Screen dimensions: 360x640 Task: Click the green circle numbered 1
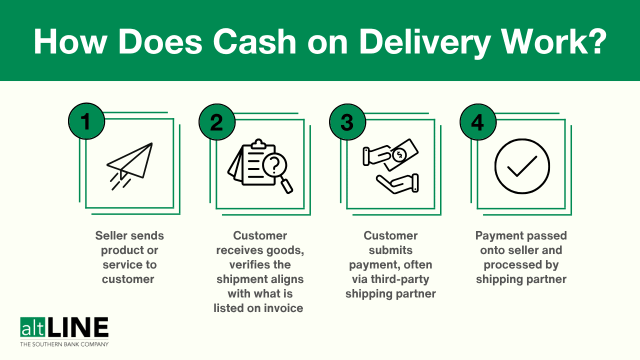[x=86, y=121]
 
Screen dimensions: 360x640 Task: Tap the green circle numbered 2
[x=217, y=121]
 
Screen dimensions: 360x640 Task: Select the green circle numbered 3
[x=347, y=121]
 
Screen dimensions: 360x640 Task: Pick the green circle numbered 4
[x=478, y=121]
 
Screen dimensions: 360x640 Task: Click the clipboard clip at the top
[x=258, y=144]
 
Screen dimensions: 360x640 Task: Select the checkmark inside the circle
[x=522, y=166]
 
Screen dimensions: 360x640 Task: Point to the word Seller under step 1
[x=112, y=235]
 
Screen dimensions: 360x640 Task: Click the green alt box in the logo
[x=31, y=328]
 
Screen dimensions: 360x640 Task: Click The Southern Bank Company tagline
[x=64, y=344]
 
